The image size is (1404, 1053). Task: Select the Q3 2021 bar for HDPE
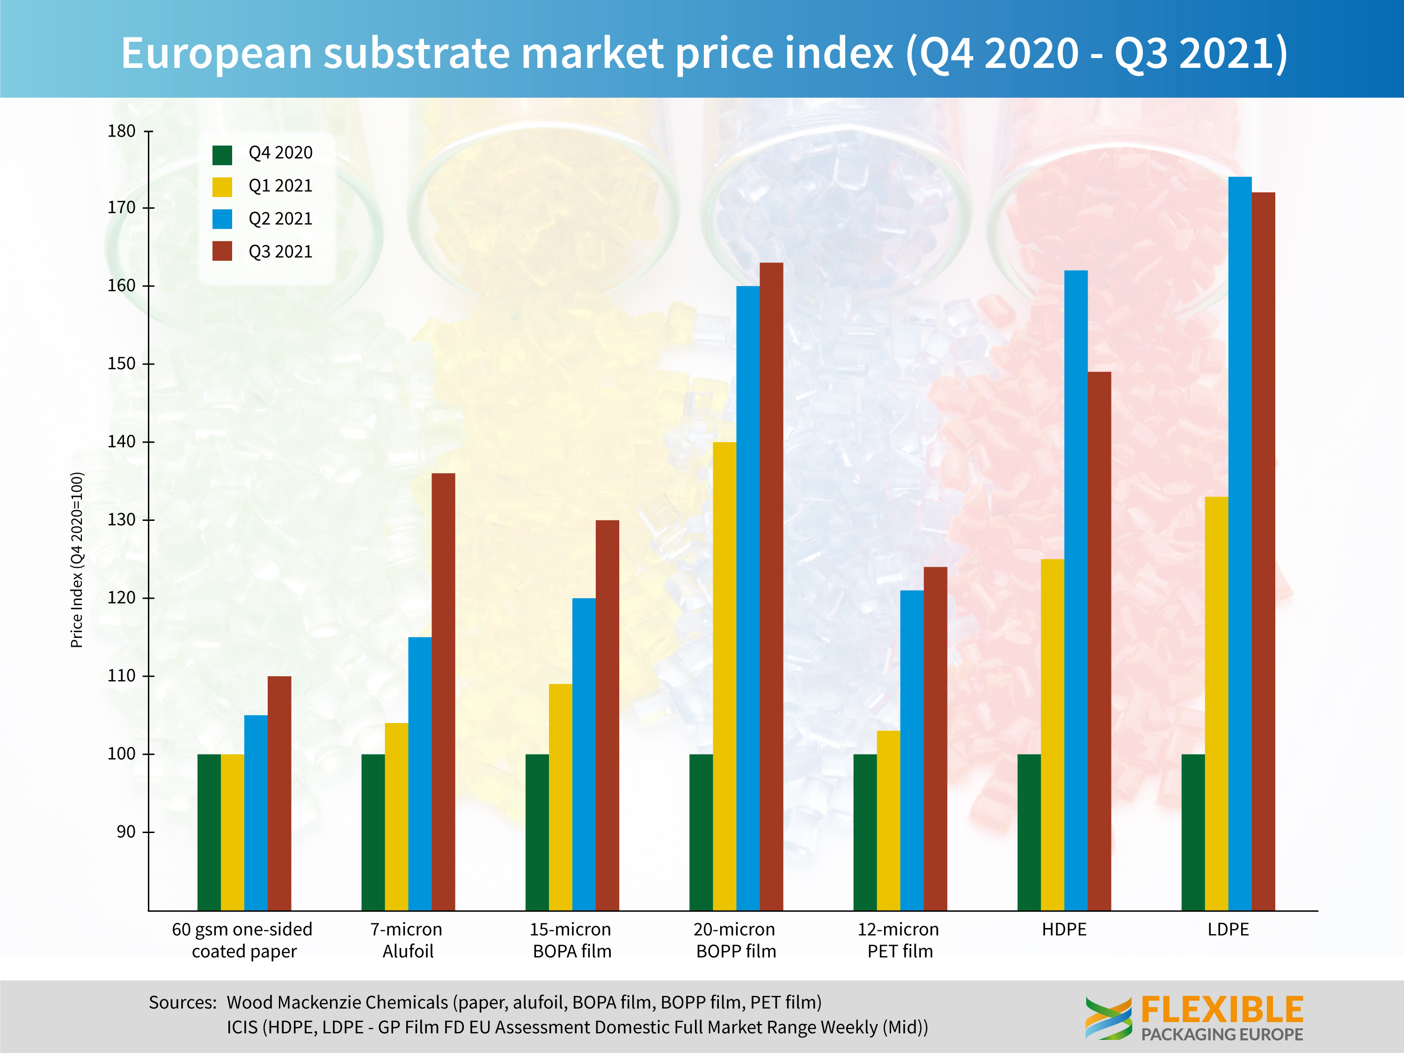tap(1099, 641)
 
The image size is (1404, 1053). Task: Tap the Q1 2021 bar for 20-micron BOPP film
tap(724, 676)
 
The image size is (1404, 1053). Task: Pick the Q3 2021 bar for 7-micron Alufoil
tap(443, 692)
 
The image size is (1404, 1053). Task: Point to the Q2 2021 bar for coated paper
tap(256, 812)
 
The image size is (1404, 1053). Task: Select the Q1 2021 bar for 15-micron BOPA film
tap(561, 797)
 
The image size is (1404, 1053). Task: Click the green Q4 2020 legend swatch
tap(222, 154)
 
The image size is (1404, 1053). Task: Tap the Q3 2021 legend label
tap(280, 252)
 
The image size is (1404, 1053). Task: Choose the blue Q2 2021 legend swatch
tap(222, 219)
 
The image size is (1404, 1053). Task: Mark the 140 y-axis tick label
tap(121, 442)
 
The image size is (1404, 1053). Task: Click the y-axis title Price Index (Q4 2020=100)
tap(77, 560)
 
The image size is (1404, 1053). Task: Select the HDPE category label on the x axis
tap(1064, 930)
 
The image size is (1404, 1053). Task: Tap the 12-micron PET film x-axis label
tap(899, 940)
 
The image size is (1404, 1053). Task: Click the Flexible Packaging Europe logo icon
tap(1108, 1017)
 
